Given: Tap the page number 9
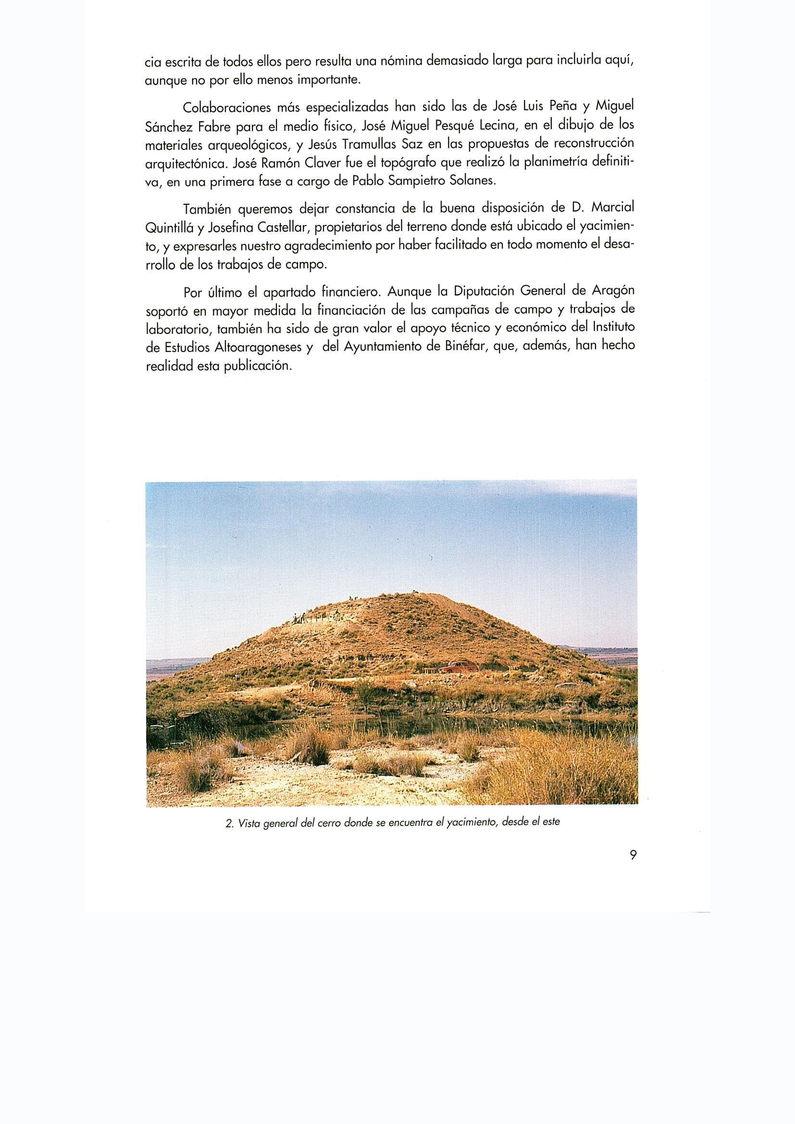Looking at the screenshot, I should coord(633,855).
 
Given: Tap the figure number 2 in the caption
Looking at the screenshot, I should coord(229,824).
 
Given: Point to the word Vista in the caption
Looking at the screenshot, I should coord(248,824).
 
